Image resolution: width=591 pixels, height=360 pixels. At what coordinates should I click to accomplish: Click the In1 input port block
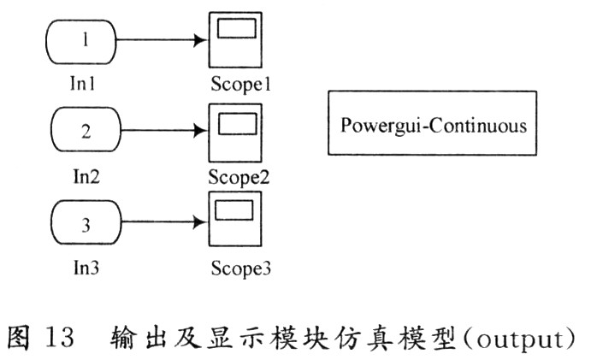point(83,40)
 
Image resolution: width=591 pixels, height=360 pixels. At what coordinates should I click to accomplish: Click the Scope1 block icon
point(234,40)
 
